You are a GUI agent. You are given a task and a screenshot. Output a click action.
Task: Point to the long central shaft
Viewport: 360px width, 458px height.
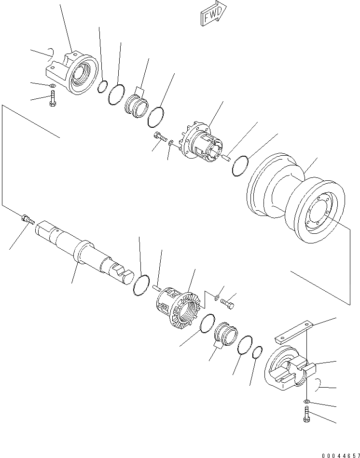tap(82, 250)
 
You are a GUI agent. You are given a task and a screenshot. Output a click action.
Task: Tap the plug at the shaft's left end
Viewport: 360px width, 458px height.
tap(27, 220)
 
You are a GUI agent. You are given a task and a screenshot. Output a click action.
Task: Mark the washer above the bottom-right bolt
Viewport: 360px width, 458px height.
tap(307, 401)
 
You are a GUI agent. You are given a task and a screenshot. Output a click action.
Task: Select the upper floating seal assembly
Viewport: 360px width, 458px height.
tap(136, 106)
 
